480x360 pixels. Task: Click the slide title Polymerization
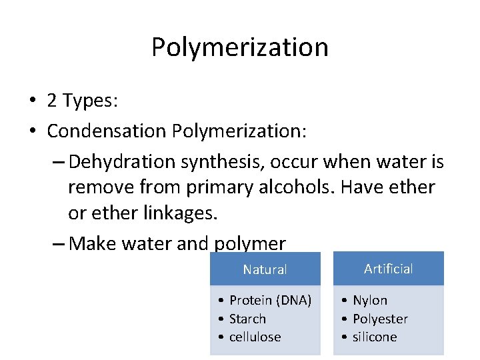(x=239, y=47)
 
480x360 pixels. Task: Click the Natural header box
(x=265, y=270)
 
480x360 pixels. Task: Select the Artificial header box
(x=389, y=269)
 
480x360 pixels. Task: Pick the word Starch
(x=247, y=319)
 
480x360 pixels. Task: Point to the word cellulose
(x=255, y=337)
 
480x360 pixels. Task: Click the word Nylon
(x=370, y=301)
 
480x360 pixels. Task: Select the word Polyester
(x=380, y=319)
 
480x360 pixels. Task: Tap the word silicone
(x=375, y=337)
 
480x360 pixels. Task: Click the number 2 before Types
(x=52, y=101)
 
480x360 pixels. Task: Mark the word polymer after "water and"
(x=249, y=244)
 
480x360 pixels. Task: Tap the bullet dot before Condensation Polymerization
(x=32, y=131)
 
